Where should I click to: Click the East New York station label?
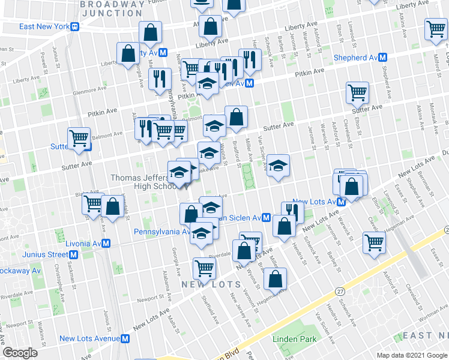click(x=44, y=26)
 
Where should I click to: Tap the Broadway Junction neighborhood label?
click(x=112, y=8)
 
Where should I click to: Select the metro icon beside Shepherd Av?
click(x=382, y=58)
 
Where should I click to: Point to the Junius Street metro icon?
click(x=73, y=254)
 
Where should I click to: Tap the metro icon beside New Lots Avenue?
click(x=125, y=338)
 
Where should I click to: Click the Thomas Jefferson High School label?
click(x=140, y=182)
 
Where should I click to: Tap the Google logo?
click(x=20, y=353)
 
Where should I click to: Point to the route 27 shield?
click(x=340, y=291)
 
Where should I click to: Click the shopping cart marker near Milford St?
click(x=435, y=28)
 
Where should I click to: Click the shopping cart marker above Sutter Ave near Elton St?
click(x=357, y=92)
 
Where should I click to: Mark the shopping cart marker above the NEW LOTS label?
click(x=204, y=268)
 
